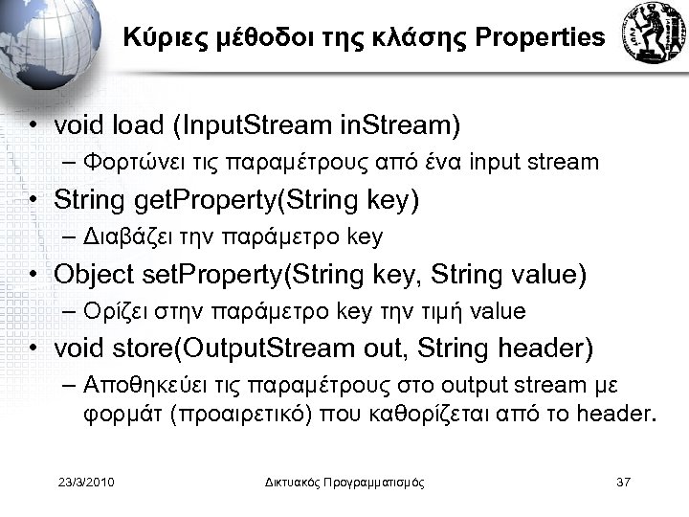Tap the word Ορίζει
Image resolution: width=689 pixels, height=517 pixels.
tap(109, 312)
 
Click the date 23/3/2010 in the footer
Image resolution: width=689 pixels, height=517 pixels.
tap(87, 481)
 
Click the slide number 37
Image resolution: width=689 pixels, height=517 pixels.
tap(623, 481)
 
